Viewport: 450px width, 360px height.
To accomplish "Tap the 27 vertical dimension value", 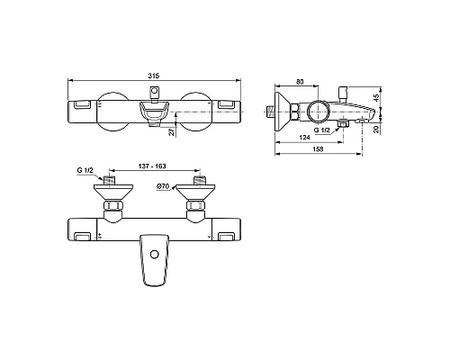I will pos(172,131).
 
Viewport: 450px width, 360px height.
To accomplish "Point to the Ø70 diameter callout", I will pos(163,187).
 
